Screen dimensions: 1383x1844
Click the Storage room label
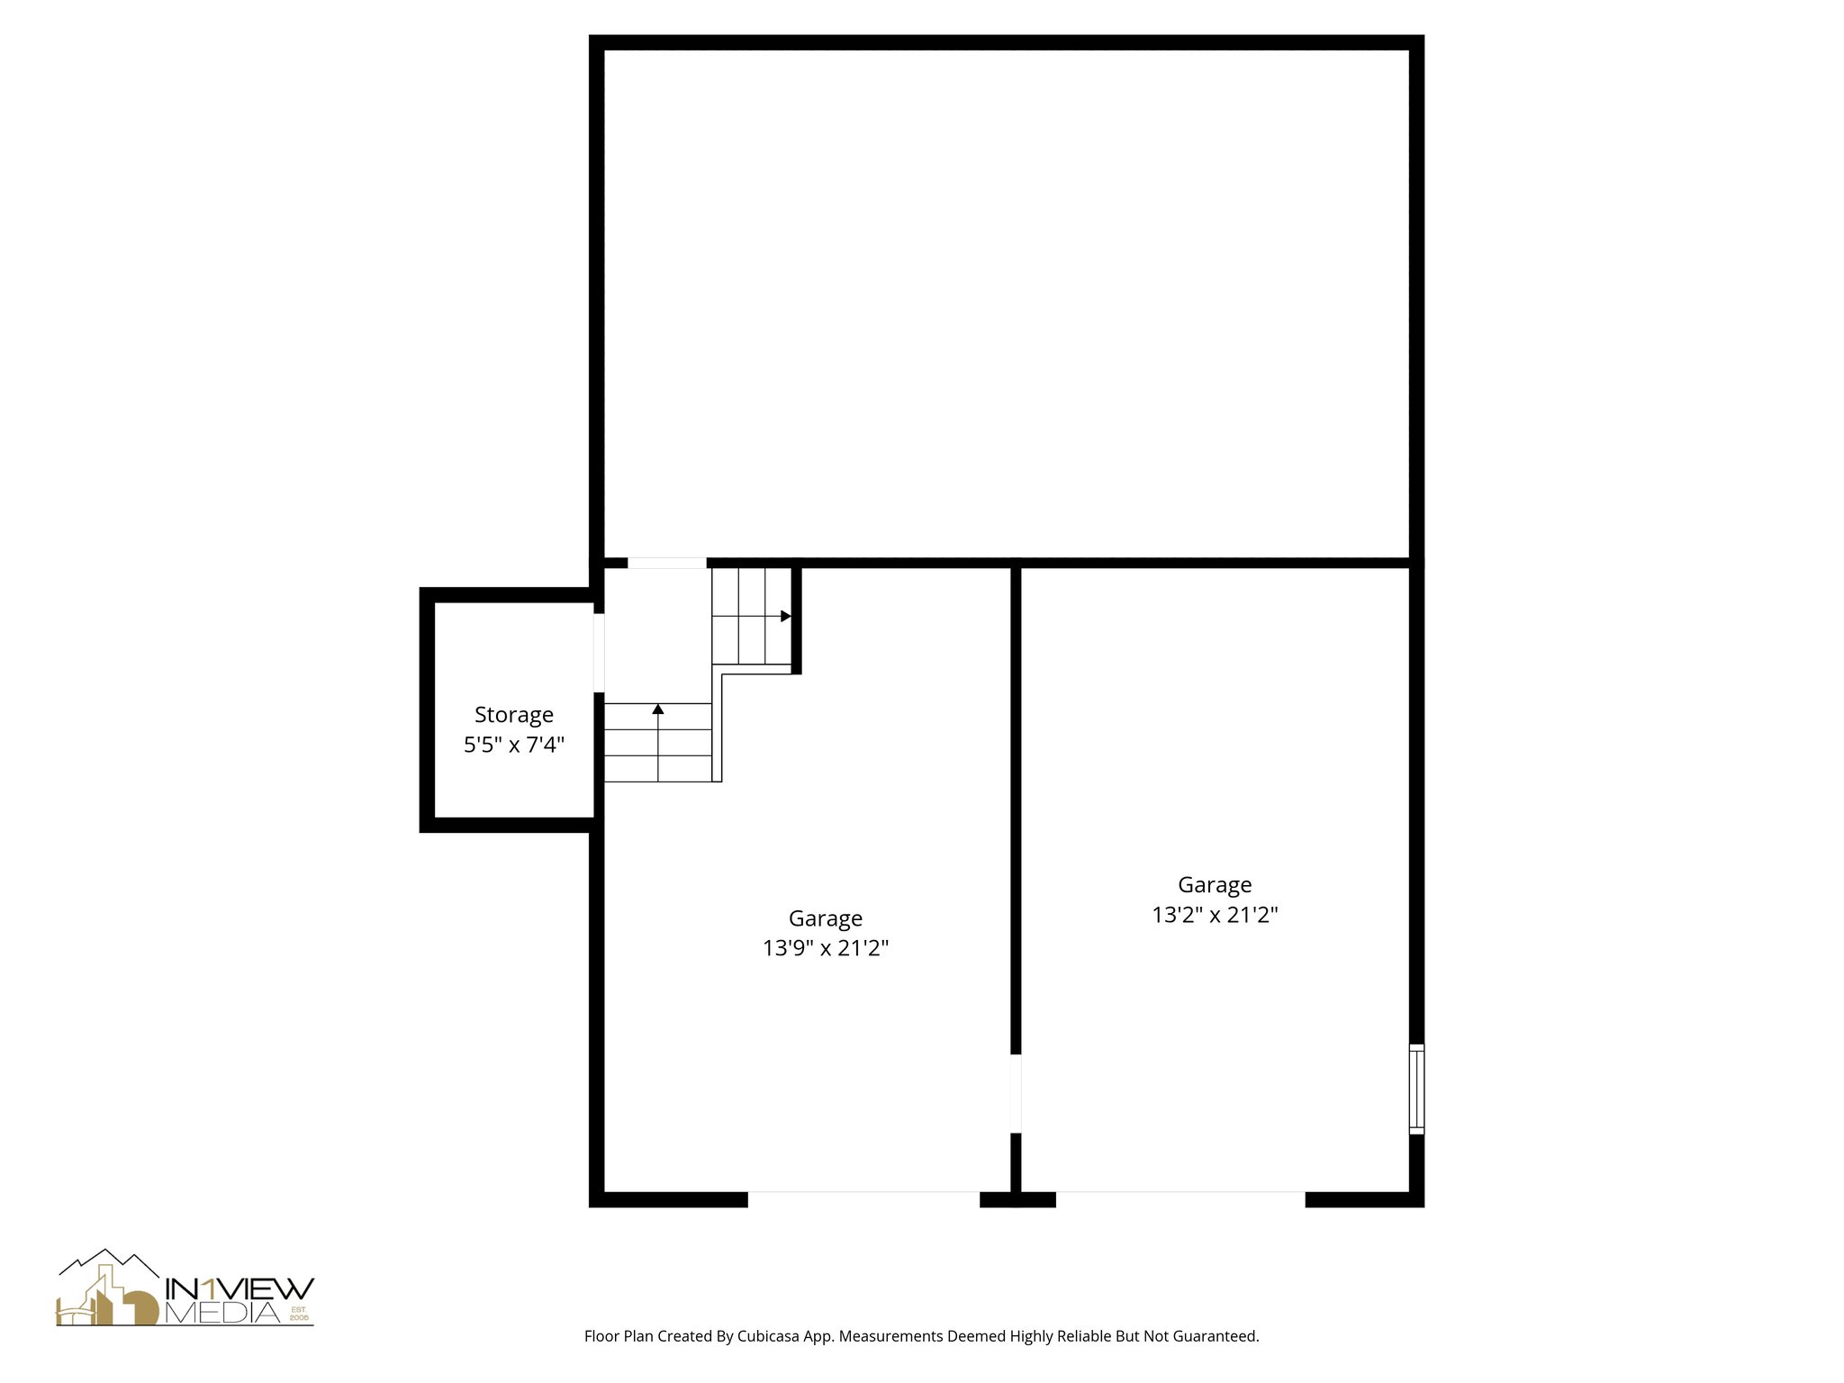click(x=514, y=715)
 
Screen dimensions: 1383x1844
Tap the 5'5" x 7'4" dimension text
click(x=514, y=745)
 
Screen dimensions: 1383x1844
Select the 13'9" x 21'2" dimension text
click(x=826, y=948)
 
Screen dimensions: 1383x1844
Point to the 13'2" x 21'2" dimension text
click(x=1215, y=915)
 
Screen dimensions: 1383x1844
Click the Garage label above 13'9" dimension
click(x=826, y=918)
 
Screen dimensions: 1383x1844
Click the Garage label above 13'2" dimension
click(x=1215, y=885)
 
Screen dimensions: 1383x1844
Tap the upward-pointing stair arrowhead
click(x=658, y=710)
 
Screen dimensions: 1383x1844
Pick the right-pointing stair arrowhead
click(x=785, y=616)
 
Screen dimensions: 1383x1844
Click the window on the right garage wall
click(x=1416, y=1089)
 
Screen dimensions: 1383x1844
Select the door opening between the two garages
click(x=1016, y=1093)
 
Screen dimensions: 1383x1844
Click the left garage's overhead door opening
click(x=863, y=1198)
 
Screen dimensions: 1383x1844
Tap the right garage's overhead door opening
click(x=1180, y=1198)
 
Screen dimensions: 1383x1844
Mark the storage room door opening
click(x=599, y=653)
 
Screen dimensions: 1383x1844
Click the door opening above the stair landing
click(x=667, y=564)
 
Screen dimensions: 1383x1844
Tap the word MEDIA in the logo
click(x=225, y=1314)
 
